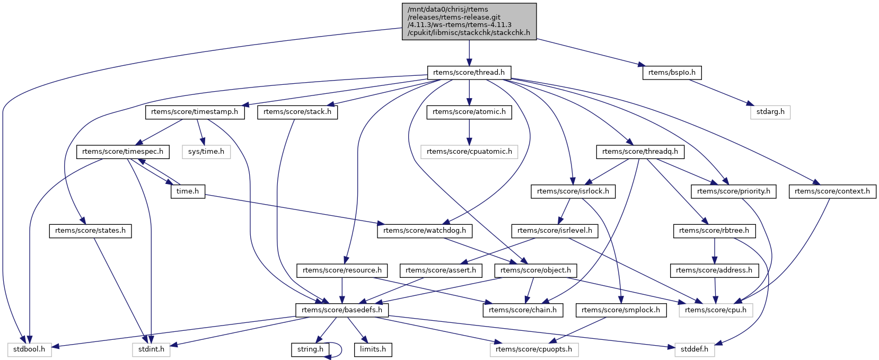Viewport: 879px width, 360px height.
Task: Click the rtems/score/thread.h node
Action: click(469, 73)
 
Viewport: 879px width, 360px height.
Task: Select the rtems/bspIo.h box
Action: click(672, 73)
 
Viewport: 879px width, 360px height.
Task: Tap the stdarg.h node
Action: click(770, 112)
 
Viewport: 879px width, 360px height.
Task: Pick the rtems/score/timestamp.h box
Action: click(195, 112)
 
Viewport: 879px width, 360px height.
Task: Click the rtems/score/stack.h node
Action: click(297, 112)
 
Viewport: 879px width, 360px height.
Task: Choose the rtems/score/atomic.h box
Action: click(469, 112)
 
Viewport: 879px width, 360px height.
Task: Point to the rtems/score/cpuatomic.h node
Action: click(469, 152)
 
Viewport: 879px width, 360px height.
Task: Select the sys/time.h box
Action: click(206, 152)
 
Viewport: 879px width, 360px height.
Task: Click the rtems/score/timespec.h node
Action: click(123, 152)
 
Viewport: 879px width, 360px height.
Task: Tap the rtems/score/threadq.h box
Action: click(640, 152)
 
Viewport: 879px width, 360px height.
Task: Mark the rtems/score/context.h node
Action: click(832, 191)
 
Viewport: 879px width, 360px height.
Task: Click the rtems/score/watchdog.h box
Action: click(425, 231)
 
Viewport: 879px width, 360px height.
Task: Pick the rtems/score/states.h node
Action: click(90, 231)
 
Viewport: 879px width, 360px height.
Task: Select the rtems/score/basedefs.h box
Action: click(342, 310)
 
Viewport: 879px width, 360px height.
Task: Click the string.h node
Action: click(310, 350)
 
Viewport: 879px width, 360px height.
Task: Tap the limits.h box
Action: click(373, 350)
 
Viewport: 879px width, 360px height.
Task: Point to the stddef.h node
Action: click(695, 350)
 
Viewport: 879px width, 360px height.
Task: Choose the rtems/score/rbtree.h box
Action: click(714, 231)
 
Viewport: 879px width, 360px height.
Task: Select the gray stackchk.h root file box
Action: click(469, 21)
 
